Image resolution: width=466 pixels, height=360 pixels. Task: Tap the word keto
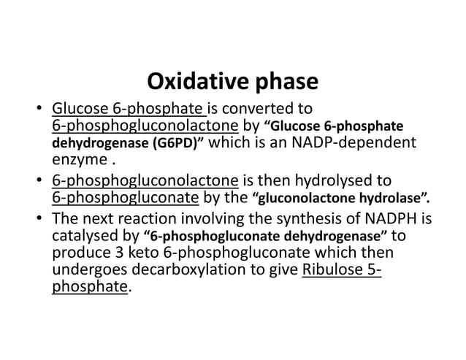point(169,253)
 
